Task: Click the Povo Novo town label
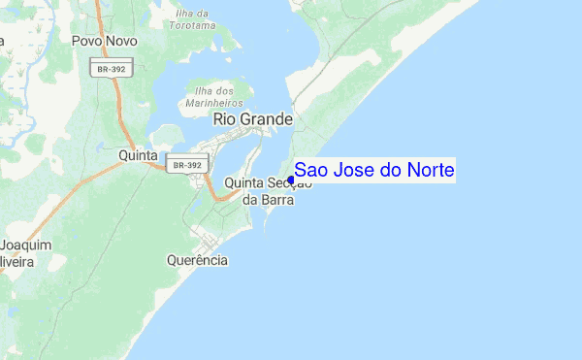[x=104, y=42]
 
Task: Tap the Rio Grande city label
[x=252, y=118]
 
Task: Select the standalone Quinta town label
[x=138, y=154]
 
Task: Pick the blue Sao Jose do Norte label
[x=374, y=171]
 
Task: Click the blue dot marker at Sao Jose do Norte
[x=291, y=179]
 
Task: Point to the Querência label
[x=197, y=260]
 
